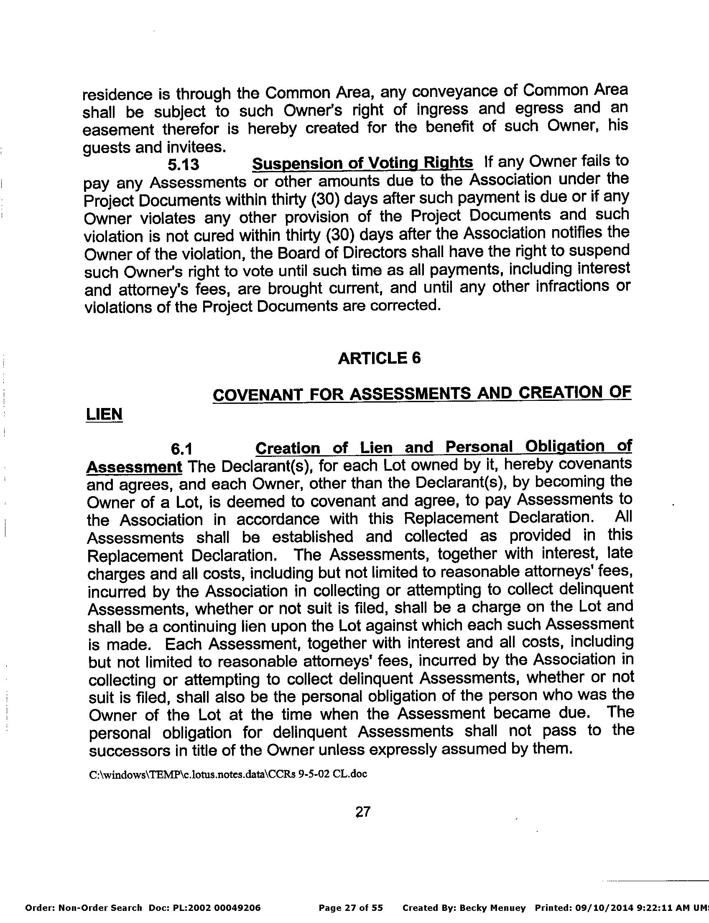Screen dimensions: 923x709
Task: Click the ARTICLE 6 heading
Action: click(x=380, y=358)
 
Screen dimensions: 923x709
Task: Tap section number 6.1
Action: click(x=181, y=449)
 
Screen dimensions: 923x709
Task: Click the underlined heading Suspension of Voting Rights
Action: click(x=362, y=163)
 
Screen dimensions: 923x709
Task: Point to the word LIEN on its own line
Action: click(x=104, y=414)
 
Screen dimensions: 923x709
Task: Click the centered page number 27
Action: click(x=363, y=811)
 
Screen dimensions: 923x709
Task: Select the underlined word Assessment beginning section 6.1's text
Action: click(x=134, y=467)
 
